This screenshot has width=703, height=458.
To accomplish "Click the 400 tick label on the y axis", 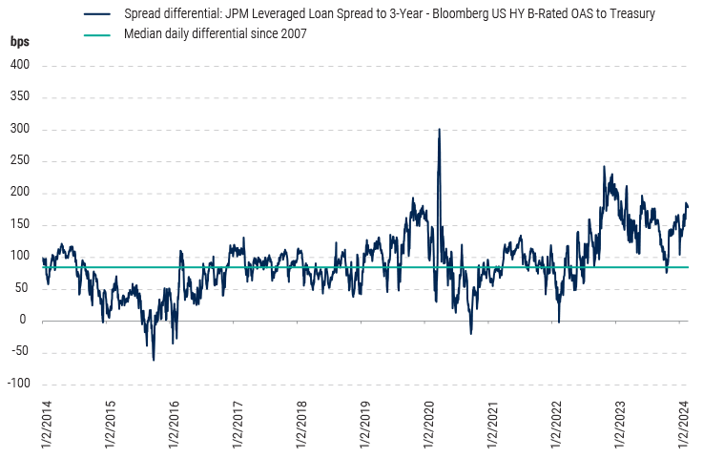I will click(x=21, y=66).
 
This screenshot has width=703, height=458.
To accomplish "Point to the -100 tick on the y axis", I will click(x=19, y=384).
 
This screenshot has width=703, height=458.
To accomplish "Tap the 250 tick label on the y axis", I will click(x=21, y=161).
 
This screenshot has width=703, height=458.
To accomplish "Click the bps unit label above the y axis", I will click(x=20, y=43).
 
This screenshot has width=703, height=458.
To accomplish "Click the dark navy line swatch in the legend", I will click(x=98, y=16).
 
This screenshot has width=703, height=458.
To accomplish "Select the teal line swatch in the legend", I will click(x=98, y=33).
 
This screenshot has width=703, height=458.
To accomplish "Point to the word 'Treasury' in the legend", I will click(x=631, y=16).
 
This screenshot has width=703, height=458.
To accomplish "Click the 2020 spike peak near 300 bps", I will click(x=439, y=129).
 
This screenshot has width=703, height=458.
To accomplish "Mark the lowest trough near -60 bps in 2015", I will click(x=154, y=360).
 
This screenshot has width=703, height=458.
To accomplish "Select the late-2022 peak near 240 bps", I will click(x=604, y=167).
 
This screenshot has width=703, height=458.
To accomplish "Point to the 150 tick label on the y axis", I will click(x=21, y=225).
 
